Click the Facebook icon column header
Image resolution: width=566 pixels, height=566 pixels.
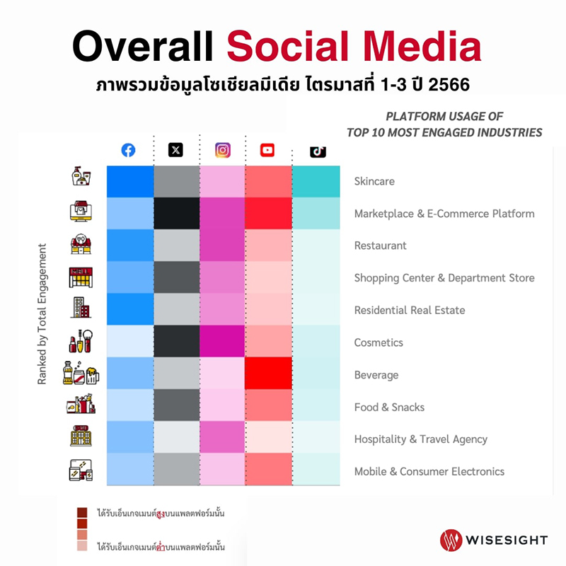128,150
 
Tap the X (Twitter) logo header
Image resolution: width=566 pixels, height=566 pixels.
175,150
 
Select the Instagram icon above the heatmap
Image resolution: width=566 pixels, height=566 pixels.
223,150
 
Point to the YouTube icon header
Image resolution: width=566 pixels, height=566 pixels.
267,150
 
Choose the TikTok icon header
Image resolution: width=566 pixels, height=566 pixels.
318,151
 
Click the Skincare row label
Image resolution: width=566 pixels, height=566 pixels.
374,182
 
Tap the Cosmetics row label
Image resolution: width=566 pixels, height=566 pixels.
379,342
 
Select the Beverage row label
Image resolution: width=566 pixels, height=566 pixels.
376,375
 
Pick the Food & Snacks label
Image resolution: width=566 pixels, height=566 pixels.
389,407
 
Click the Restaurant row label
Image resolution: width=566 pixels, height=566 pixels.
381,246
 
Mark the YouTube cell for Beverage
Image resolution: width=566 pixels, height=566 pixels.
268,374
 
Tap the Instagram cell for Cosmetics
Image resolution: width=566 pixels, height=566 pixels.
223,342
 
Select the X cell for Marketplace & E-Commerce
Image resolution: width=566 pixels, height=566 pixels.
177,213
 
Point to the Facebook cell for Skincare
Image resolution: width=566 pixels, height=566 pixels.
130,181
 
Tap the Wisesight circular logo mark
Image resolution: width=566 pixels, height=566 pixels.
451,540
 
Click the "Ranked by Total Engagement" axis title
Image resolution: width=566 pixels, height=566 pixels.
42,314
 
